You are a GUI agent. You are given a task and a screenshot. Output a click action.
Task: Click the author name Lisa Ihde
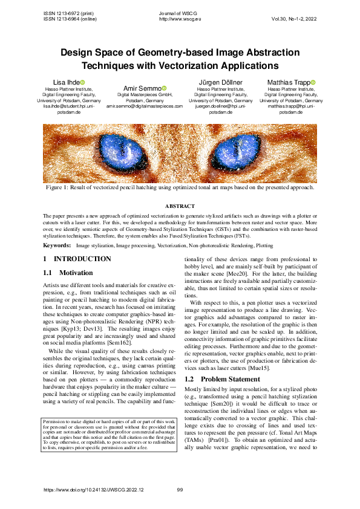coord(64,82)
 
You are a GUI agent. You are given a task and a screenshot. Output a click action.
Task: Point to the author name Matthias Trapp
coord(288,82)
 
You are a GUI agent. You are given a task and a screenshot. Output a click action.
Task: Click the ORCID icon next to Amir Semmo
coord(164,88)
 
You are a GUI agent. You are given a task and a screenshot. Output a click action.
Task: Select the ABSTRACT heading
coord(180,207)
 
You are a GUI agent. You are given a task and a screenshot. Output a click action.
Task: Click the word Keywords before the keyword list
coord(56,246)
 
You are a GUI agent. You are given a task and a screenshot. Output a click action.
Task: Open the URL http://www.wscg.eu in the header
coord(180,19)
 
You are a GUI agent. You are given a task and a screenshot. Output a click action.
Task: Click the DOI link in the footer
coord(94,490)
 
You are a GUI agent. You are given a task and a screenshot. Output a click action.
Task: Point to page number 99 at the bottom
coord(180,490)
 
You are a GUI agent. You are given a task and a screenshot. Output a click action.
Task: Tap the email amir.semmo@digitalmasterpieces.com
coord(145,106)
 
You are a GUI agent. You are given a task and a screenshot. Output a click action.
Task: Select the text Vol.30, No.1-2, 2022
coord(293,19)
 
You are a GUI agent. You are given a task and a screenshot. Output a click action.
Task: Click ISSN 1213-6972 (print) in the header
coord(67,13)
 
